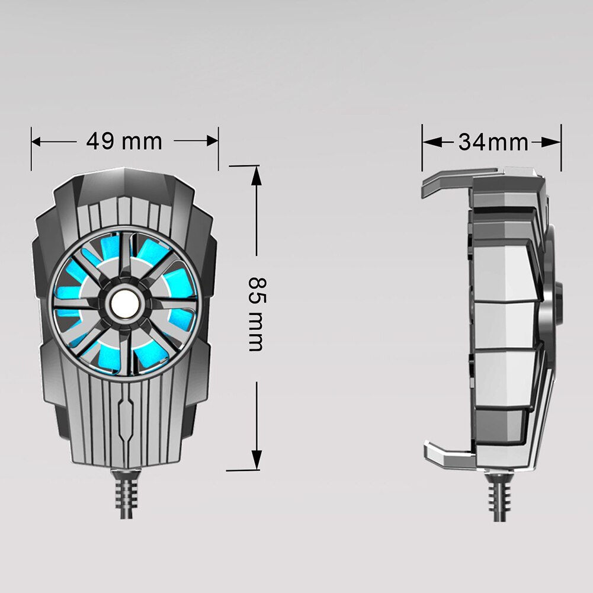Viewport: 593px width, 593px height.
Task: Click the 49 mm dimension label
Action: [x=124, y=141]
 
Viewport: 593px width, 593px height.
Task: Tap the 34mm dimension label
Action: [x=493, y=143]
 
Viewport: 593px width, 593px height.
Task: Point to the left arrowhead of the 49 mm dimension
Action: [x=37, y=142]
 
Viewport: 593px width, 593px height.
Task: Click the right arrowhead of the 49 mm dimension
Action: [x=213, y=141]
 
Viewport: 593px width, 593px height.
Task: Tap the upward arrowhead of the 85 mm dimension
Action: [x=257, y=176]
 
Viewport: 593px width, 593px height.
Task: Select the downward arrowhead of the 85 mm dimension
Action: [x=257, y=460]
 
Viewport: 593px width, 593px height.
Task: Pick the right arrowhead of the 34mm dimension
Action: [x=552, y=143]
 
